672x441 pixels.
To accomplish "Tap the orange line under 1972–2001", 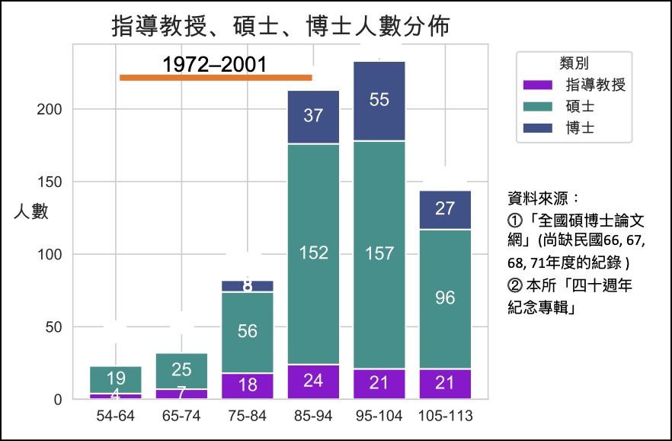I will pos(216,77).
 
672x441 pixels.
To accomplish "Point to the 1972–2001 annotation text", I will pos(216,64).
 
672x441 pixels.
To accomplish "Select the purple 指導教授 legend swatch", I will pos(538,85).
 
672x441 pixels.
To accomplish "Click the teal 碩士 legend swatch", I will pos(538,106).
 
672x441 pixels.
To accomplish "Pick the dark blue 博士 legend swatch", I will pos(538,127).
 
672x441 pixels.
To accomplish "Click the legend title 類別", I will pos(573,63).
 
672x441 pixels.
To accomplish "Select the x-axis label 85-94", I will pos(313,417).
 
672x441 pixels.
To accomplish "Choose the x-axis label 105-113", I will pos(446,417).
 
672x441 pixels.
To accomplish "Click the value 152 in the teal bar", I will pos(313,253).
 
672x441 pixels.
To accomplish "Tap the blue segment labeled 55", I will pos(379,100).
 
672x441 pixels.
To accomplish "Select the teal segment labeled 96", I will pos(446,298).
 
